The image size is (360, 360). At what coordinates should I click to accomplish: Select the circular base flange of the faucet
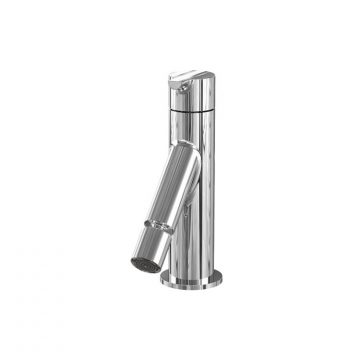click(196, 279)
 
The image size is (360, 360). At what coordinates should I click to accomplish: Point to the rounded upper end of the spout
click(185, 152)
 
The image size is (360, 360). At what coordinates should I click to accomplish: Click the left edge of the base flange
click(162, 277)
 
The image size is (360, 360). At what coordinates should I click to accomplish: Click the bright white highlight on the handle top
click(184, 75)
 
